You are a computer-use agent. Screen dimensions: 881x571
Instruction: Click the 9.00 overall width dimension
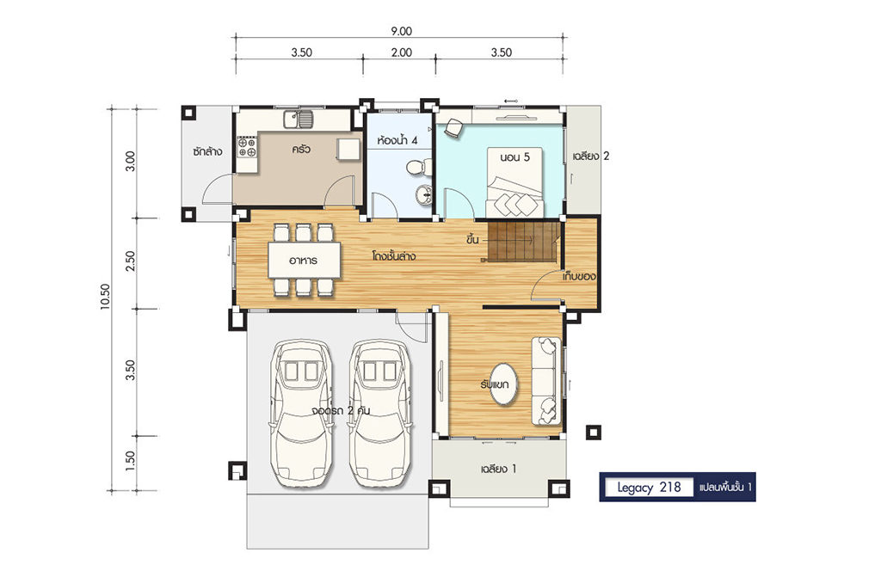(401, 32)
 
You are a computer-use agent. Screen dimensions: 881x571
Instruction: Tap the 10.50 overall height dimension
(106, 297)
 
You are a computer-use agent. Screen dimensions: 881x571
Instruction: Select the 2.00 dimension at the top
(401, 52)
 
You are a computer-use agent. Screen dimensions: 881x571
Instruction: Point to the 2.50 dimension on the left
(131, 261)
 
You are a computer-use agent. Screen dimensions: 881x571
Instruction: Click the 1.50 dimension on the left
(131, 462)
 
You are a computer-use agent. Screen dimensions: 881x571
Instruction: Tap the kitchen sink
(299, 119)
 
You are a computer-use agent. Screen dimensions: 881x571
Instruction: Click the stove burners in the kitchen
(247, 147)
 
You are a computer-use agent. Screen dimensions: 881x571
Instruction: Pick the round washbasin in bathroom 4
(423, 195)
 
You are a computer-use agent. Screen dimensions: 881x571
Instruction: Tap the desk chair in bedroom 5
(453, 128)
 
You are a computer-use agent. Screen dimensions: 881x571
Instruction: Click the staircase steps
(524, 241)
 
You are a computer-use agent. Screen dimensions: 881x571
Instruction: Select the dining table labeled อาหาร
(305, 260)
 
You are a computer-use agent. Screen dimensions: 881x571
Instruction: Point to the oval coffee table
(502, 384)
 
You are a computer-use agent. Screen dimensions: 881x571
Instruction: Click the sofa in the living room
(546, 381)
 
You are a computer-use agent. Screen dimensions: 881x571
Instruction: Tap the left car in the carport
(302, 413)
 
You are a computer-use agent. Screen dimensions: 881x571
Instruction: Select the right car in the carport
(381, 413)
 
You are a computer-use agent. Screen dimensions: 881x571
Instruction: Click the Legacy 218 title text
(649, 487)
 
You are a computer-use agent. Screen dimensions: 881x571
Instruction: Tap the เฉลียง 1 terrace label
(498, 469)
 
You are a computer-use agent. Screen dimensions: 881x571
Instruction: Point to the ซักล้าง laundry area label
(206, 151)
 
